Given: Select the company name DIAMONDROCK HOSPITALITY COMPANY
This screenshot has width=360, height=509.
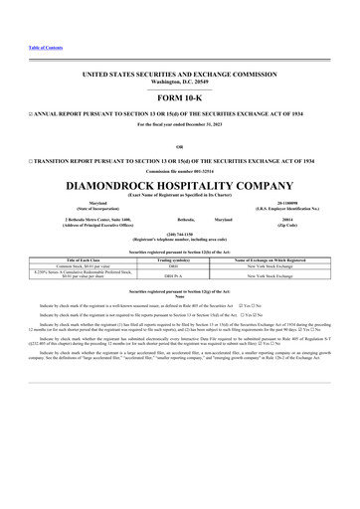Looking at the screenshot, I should coord(180,185).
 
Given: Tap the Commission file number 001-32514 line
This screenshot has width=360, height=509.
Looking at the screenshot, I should coord(180,168).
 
